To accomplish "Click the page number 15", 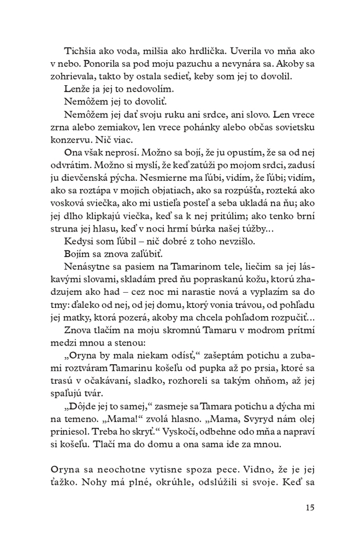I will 310,508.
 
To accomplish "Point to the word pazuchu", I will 159,63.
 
